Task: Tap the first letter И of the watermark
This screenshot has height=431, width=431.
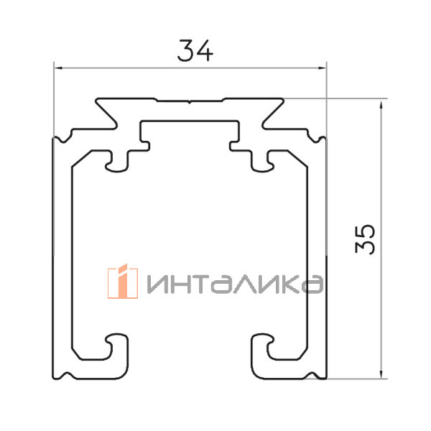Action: point(159,284)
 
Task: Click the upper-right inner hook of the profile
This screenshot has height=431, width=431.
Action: point(261,162)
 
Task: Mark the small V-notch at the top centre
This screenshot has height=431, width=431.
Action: point(190,102)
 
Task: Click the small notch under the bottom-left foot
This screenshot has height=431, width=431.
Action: point(66,375)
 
